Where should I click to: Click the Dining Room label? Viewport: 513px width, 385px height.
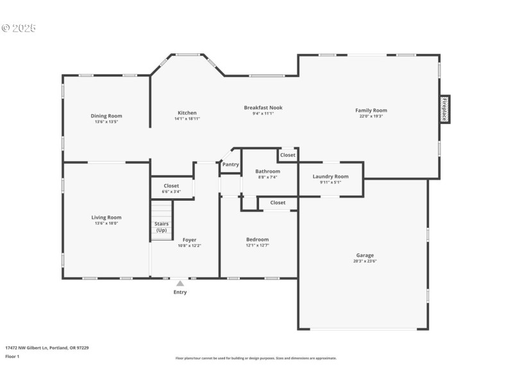pyautogui.click(x=106, y=116)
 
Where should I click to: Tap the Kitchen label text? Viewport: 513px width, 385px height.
pyautogui.click(x=187, y=113)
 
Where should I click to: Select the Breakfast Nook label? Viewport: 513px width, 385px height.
pyautogui.click(x=263, y=108)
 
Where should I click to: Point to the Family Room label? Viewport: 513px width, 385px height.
pyautogui.click(x=371, y=110)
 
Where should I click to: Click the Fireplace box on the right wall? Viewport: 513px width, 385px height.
pyautogui.click(x=444, y=109)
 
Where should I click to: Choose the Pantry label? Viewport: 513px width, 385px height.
pyautogui.click(x=231, y=165)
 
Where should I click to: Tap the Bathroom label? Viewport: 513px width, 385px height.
pyautogui.click(x=267, y=171)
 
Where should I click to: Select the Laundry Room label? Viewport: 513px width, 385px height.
pyautogui.click(x=331, y=176)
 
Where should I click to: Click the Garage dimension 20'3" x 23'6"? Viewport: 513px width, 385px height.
pyautogui.click(x=365, y=261)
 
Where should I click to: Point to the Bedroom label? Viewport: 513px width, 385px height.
pyautogui.click(x=258, y=239)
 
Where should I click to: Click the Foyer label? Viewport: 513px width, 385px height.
pyautogui.click(x=189, y=240)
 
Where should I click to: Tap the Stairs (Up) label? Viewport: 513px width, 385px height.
pyautogui.click(x=162, y=227)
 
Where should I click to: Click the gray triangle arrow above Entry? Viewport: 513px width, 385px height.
pyautogui.click(x=180, y=283)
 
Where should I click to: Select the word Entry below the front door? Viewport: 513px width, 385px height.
pyautogui.click(x=180, y=293)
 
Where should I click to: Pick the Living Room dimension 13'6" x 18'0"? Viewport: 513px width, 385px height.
pyautogui.click(x=106, y=223)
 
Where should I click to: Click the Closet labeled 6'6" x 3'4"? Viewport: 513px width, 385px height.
pyautogui.click(x=171, y=188)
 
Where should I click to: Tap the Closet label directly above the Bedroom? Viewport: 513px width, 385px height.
pyautogui.click(x=278, y=203)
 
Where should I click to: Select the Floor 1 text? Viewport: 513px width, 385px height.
pyautogui.click(x=12, y=357)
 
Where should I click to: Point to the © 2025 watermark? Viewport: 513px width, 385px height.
pyautogui.click(x=19, y=28)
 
